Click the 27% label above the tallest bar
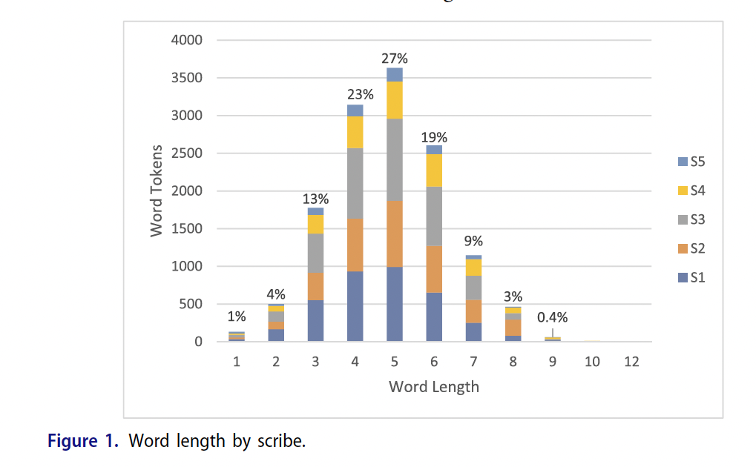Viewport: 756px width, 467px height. pyautogui.click(x=395, y=59)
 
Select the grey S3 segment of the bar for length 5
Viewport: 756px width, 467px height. pyautogui.click(x=395, y=159)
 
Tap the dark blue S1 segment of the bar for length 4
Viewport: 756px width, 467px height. pyautogui.click(x=355, y=306)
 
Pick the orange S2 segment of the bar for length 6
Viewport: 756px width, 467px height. pyautogui.click(x=434, y=269)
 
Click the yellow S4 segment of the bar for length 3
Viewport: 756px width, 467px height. pyautogui.click(x=315, y=224)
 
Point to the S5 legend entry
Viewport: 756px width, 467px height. pyautogui.click(x=691, y=162)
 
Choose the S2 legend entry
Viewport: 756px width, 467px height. pyautogui.click(x=691, y=248)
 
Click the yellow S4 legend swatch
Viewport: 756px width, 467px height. pyautogui.click(x=683, y=191)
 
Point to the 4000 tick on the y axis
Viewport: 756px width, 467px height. pyautogui.click(x=187, y=40)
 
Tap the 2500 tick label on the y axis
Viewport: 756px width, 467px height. pyautogui.click(x=187, y=153)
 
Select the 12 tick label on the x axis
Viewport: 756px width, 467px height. pyautogui.click(x=631, y=362)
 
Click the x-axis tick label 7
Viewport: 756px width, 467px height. pyautogui.click(x=473, y=362)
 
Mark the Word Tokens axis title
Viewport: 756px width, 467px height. pyautogui.click(x=157, y=191)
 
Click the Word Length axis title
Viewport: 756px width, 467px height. pyautogui.click(x=434, y=386)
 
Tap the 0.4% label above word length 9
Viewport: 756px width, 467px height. pyautogui.click(x=553, y=317)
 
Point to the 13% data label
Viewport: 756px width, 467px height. pyautogui.click(x=315, y=199)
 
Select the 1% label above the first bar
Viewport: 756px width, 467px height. pyautogui.click(x=237, y=317)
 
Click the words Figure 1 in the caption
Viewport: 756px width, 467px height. pyautogui.click(x=83, y=441)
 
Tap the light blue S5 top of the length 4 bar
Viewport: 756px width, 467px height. pyautogui.click(x=355, y=110)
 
